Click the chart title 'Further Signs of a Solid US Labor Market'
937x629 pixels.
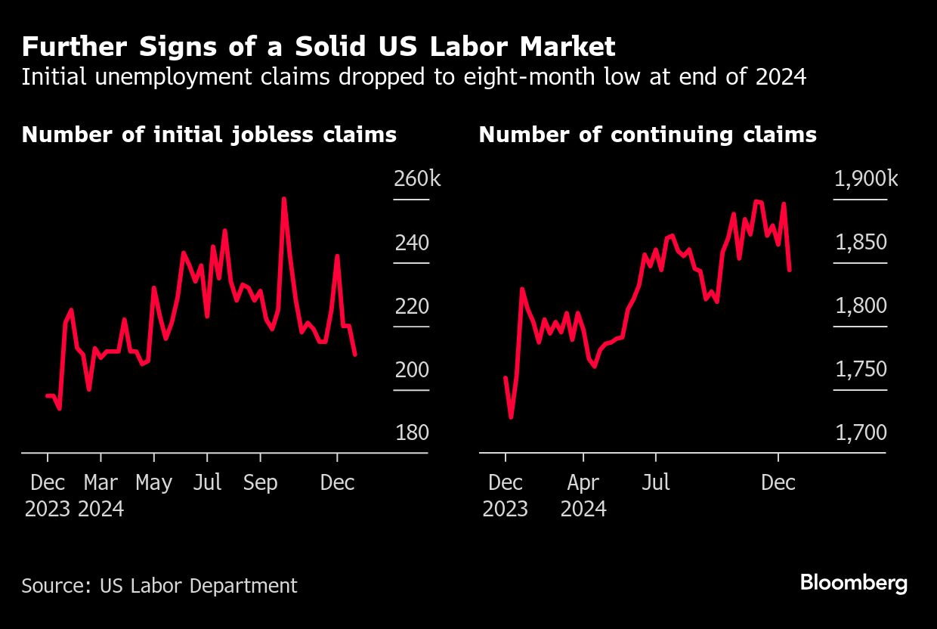click(x=318, y=47)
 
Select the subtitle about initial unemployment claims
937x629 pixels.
click(x=413, y=77)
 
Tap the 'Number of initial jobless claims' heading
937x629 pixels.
click(x=209, y=135)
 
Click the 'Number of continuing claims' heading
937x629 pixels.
click(x=648, y=135)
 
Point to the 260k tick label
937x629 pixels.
click(x=416, y=179)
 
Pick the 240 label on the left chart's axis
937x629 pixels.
click(x=412, y=243)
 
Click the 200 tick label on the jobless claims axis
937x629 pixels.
click(x=412, y=370)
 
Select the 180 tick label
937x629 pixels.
click(x=412, y=433)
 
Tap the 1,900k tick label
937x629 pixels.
click(x=866, y=179)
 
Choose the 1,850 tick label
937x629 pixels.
click(x=861, y=243)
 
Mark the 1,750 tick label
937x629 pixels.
click(x=861, y=370)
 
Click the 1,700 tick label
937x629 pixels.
click(x=861, y=433)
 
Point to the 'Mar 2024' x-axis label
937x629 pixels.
click(x=101, y=495)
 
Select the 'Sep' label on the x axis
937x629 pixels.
click(x=260, y=482)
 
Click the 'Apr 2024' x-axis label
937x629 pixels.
click(x=583, y=495)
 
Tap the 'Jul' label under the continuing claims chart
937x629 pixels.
click(x=655, y=482)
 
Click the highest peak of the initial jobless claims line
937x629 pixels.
click(x=283, y=199)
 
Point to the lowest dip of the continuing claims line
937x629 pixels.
click(x=512, y=417)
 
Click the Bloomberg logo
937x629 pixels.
click(x=853, y=583)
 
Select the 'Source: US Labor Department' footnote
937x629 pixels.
click(x=159, y=585)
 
